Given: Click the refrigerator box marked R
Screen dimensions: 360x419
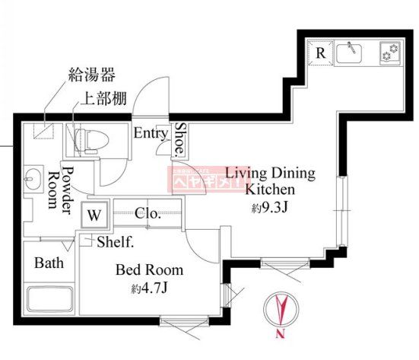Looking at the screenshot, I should (x=320, y=53).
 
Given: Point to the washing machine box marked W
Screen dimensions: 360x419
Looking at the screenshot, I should (x=94, y=214).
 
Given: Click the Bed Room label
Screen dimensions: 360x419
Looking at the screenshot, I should (x=149, y=269).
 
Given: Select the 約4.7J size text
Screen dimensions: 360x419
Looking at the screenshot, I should (x=149, y=288).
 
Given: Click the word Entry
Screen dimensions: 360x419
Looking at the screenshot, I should (x=151, y=133).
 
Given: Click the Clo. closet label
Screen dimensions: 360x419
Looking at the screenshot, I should (x=148, y=214).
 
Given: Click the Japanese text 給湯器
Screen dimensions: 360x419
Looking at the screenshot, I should (x=92, y=75).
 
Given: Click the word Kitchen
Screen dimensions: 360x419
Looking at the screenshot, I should (x=270, y=189).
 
